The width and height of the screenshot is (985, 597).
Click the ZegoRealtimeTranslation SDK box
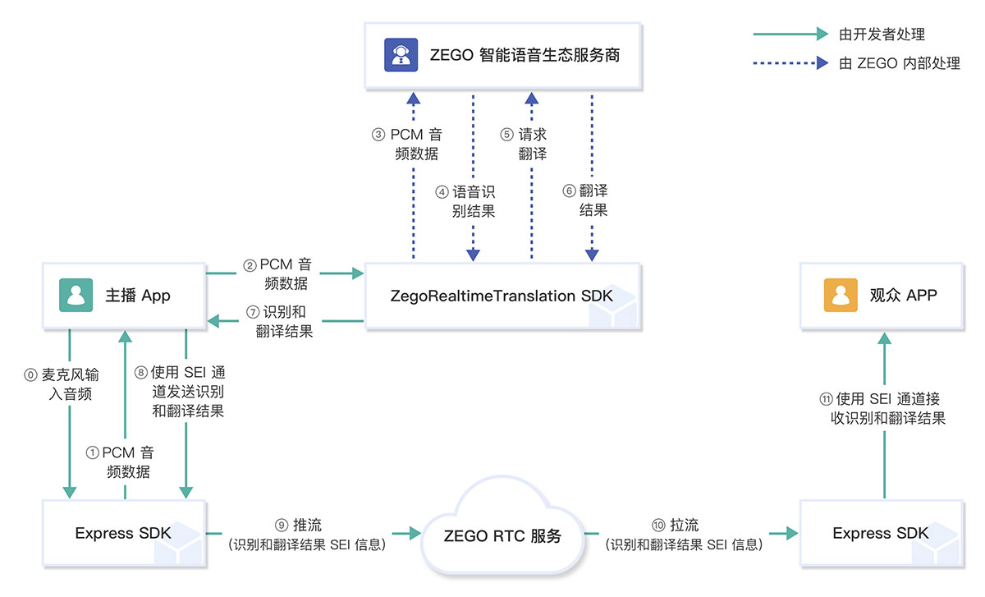pyautogui.click(x=502, y=296)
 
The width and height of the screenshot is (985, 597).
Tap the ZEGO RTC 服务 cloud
pyautogui.click(x=502, y=535)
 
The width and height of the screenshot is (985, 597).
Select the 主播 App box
pyautogui.click(x=123, y=296)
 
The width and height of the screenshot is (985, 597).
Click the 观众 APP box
pyautogui.click(x=883, y=296)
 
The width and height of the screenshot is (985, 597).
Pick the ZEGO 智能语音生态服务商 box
pyautogui.click(x=502, y=56)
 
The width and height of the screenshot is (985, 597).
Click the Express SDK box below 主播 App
pyautogui.click(x=123, y=533)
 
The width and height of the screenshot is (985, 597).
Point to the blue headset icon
pyautogui.click(x=401, y=56)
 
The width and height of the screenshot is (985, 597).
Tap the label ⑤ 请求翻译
pyautogui.click(x=526, y=144)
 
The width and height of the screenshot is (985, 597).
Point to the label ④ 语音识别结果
pyautogui.click(x=465, y=201)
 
